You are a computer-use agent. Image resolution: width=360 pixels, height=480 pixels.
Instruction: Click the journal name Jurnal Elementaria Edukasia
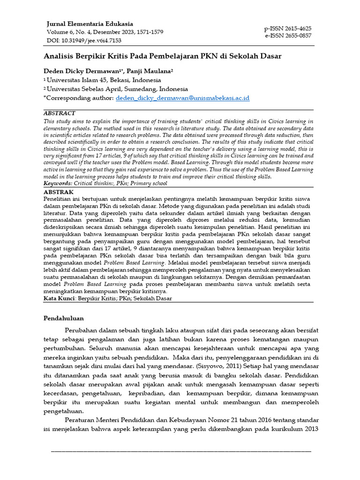coord(90,23)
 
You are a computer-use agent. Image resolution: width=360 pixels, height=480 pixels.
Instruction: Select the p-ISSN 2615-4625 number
coord(288,28)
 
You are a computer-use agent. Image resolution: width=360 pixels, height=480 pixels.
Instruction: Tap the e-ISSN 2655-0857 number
coord(288,36)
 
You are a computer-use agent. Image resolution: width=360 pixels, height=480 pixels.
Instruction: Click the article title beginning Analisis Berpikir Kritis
coord(162,56)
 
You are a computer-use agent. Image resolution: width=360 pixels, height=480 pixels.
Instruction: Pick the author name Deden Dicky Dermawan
coord(83,70)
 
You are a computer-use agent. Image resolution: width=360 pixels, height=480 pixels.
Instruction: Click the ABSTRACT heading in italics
coord(59,113)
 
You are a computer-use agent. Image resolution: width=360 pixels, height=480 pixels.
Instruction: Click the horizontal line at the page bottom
coord(180,451)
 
